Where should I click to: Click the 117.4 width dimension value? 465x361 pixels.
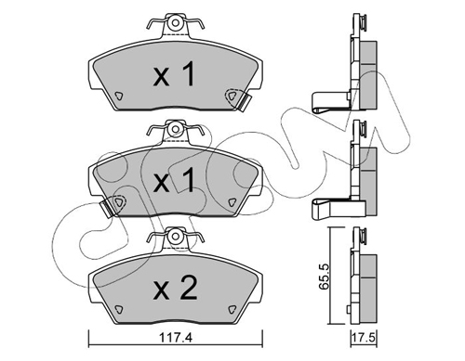coord(176,337)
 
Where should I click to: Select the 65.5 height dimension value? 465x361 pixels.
coord(324,276)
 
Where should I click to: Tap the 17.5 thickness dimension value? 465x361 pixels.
coord(364,338)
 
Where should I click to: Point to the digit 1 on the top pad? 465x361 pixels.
coord(187,73)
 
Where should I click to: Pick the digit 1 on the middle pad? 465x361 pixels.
coord(187,179)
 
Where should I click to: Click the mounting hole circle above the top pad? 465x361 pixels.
coord(176,23)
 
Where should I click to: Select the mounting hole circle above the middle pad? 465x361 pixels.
coord(176,129)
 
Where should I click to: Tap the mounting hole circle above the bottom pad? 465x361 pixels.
coord(176,236)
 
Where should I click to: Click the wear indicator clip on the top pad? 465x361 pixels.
coord(246,102)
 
